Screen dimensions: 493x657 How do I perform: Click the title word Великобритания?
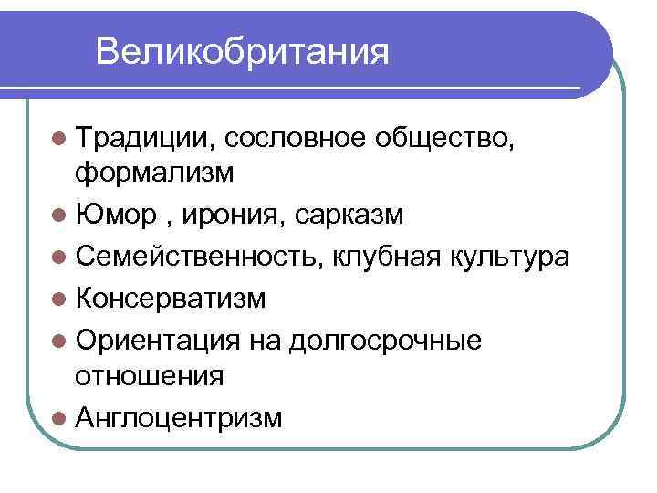242,51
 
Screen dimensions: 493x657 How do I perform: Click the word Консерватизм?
172,299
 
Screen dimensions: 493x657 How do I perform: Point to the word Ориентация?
160,341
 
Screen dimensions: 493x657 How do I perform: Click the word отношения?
150,375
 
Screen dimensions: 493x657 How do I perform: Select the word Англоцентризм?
180,417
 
